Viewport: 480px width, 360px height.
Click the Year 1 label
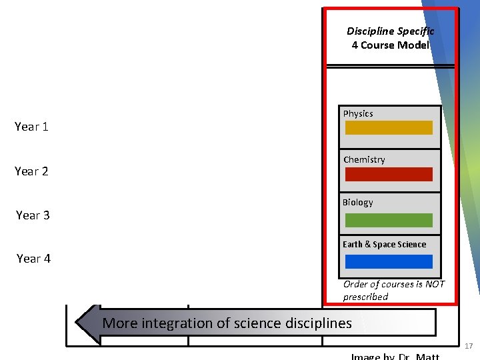[x=31, y=127]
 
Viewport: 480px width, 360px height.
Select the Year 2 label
[x=31, y=171]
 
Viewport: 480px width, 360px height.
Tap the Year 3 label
[x=33, y=215]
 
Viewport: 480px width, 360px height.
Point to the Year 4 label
[x=33, y=259]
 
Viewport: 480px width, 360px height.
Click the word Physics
[x=358, y=114]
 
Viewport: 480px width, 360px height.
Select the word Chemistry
[x=364, y=160]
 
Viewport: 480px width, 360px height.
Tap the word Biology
[x=358, y=203]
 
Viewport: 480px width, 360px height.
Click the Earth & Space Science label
[x=384, y=245]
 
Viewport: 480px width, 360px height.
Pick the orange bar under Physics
[x=389, y=128]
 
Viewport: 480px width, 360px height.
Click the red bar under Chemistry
[x=389, y=175]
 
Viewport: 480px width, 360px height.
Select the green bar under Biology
[x=389, y=220]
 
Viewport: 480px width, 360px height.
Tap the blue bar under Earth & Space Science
[x=389, y=262]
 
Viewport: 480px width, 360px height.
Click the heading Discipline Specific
[x=390, y=31]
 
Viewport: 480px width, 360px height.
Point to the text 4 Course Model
[x=390, y=45]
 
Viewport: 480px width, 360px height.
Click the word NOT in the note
[x=433, y=285]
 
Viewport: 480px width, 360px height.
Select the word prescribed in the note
[x=365, y=297]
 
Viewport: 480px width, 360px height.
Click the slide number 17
[x=468, y=347]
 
